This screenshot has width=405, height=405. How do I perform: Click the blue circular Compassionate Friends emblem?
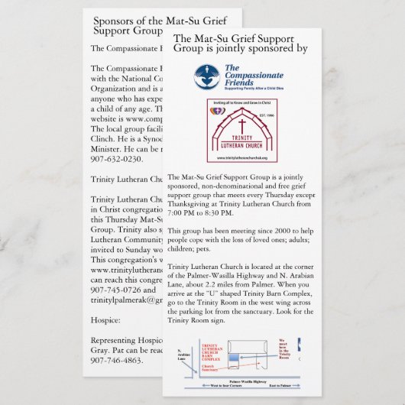[x=206, y=75]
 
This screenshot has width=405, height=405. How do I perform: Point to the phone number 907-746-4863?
[x=116, y=360]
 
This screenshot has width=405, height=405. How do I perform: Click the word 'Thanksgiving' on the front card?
[x=192, y=206]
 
